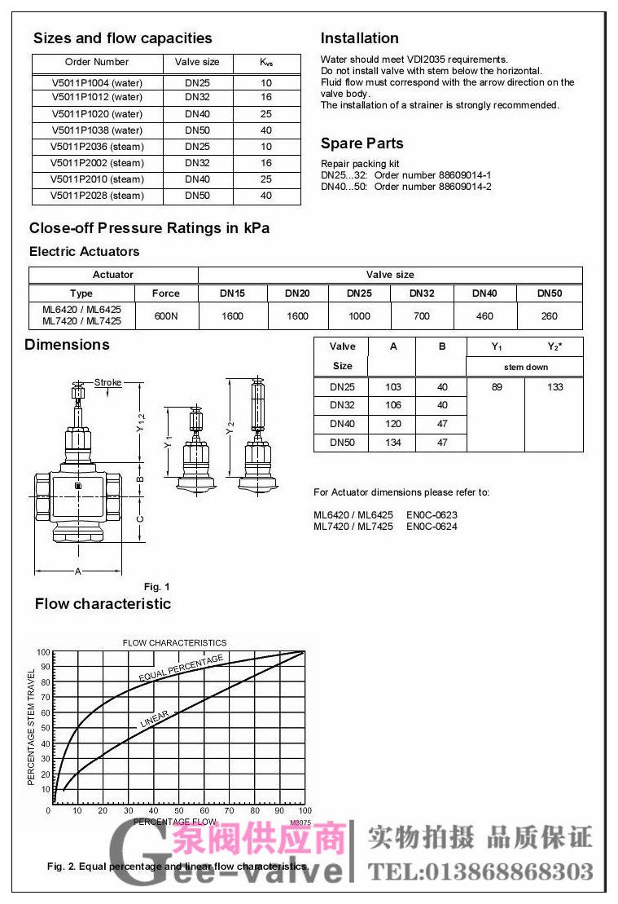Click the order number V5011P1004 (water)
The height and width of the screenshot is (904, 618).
click(x=97, y=82)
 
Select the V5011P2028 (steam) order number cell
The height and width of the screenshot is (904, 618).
click(x=97, y=196)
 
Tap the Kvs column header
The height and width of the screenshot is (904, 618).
click(x=266, y=62)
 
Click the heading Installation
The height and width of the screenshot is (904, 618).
click(x=359, y=38)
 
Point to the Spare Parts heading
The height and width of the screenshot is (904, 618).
click(x=362, y=143)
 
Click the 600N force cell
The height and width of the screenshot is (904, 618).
click(x=166, y=315)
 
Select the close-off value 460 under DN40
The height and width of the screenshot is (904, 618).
click(x=484, y=315)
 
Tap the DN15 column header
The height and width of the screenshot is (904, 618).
click(x=232, y=293)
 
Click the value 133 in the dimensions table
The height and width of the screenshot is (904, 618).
click(x=555, y=387)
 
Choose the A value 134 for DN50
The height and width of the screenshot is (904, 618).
click(x=393, y=443)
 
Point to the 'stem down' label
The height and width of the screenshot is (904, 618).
click(x=525, y=367)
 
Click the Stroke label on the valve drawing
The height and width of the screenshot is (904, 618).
click(x=107, y=382)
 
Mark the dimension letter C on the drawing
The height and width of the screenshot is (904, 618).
click(x=140, y=518)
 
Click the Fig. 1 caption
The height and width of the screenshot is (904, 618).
click(x=156, y=587)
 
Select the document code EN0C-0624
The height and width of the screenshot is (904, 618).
click(x=432, y=527)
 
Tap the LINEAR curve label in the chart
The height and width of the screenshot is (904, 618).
click(x=155, y=719)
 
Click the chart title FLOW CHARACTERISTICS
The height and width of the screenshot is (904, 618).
click(x=174, y=643)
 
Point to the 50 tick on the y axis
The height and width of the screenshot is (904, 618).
click(x=44, y=727)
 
